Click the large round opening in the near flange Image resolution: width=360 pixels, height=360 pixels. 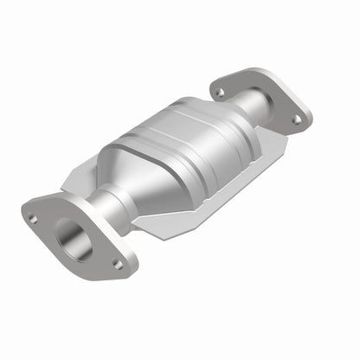point(74,238)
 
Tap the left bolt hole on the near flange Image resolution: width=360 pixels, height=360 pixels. point(32,218)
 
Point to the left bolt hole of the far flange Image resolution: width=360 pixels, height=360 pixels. point(220,91)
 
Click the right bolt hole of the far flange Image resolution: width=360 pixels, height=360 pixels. point(295,118)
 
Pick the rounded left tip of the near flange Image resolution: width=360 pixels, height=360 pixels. point(26,208)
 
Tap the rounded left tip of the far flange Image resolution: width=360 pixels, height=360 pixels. point(212,85)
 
